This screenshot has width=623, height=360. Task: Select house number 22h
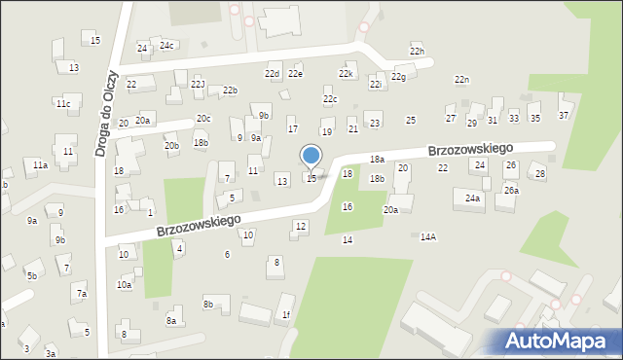(x=417, y=51)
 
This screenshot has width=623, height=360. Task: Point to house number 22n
(x=461, y=79)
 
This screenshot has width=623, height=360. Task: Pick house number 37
(x=563, y=116)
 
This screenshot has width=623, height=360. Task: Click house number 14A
(x=427, y=236)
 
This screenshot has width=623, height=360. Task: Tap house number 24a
(x=472, y=198)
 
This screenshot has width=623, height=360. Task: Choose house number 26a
(x=511, y=190)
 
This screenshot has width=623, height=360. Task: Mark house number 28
(x=539, y=173)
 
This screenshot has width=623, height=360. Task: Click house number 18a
(x=377, y=159)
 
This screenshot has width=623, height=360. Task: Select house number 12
(x=301, y=226)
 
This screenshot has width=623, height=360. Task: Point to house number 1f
(x=285, y=314)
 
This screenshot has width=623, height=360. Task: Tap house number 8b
(x=207, y=304)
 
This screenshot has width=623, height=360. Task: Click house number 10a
(x=124, y=284)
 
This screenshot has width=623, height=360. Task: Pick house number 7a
(x=82, y=293)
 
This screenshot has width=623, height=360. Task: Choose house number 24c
(x=166, y=45)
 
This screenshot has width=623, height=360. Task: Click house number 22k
(x=345, y=73)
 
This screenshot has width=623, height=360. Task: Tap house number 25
(x=411, y=120)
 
